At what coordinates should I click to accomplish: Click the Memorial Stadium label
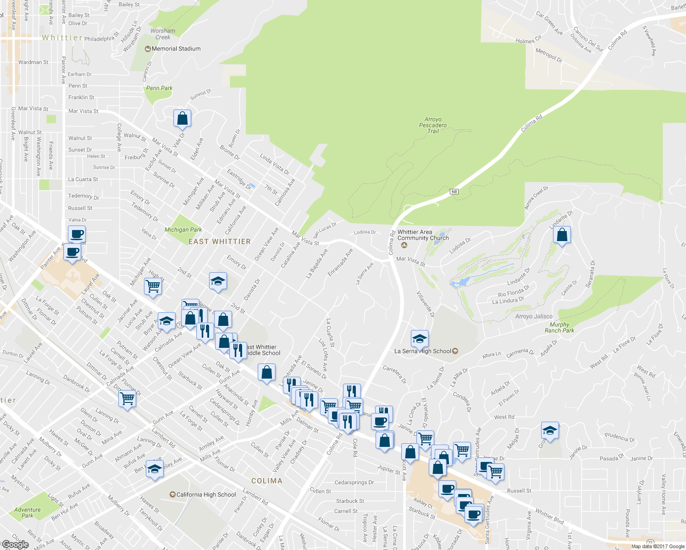pos(176,49)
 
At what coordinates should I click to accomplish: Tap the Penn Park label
pos(159,88)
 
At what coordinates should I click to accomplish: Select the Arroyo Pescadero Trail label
pos(433,125)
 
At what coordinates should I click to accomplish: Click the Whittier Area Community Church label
pos(423,235)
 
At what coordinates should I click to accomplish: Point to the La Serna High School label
pos(423,351)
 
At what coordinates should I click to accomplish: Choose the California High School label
pos(206,495)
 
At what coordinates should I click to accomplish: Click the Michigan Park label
pos(183,230)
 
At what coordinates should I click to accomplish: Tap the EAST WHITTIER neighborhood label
pos(220,242)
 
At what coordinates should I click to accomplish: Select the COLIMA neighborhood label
pos(267,481)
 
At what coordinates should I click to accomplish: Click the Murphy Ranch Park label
pos(559,327)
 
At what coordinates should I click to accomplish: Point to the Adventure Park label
pos(27,512)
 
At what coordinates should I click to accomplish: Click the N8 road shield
pos(454,192)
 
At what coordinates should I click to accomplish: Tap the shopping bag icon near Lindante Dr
pos(562,235)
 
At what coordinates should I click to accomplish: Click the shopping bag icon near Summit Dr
pos(182,118)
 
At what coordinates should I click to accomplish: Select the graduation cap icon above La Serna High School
pos(420,339)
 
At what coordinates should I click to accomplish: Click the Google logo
pos(15,544)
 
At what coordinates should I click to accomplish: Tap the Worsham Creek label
pos(163,34)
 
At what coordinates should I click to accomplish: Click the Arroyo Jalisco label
pos(534,316)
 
